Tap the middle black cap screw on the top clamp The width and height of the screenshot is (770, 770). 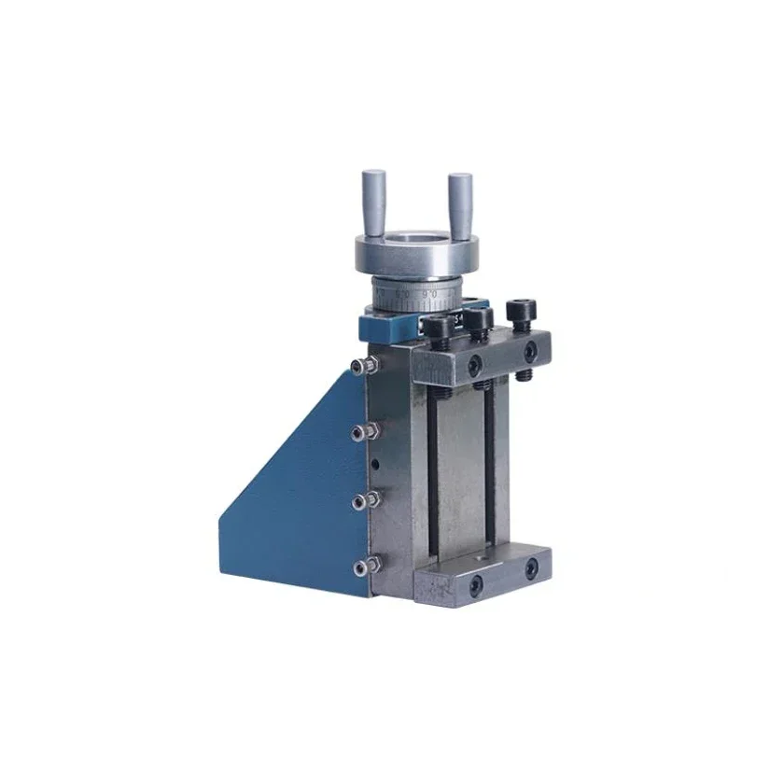[x=479, y=319]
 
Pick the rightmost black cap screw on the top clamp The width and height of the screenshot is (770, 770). [x=519, y=310]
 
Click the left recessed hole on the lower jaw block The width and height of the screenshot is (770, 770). [x=475, y=583]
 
